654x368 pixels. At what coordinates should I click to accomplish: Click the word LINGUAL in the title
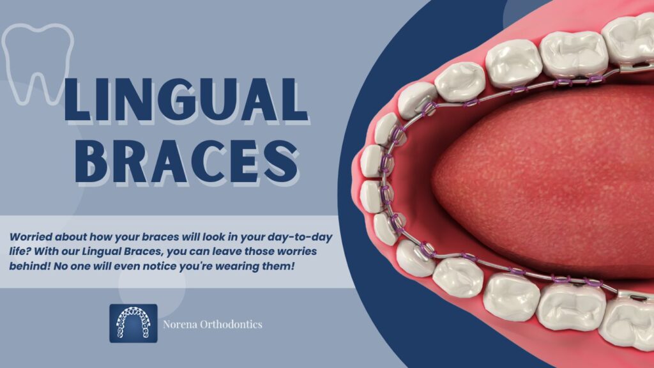186,100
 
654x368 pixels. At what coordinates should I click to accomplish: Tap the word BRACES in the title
187,161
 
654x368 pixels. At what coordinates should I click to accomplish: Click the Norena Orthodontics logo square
133,323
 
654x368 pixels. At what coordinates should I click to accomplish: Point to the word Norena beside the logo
179,324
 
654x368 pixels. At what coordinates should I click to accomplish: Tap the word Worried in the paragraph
31,237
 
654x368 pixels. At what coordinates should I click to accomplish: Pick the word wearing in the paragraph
238,266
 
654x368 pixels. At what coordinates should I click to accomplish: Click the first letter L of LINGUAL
77,100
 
